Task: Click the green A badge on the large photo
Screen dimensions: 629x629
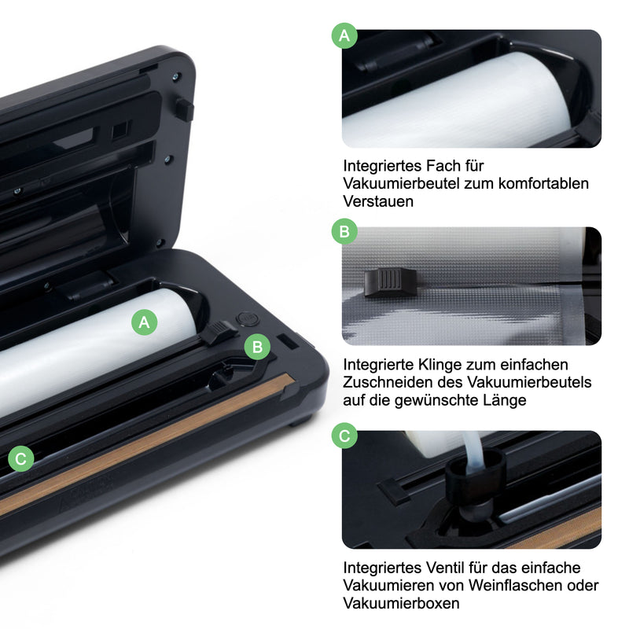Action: click(x=144, y=321)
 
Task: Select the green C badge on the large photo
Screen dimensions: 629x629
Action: click(x=21, y=458)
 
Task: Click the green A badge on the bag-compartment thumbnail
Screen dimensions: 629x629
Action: click(x=344, y=35)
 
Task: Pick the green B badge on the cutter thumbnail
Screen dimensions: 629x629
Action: click(x=344, y=232)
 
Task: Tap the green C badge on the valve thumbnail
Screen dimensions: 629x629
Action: click(x=344, y=435)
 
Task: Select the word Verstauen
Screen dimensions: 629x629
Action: click(x=378, y=201)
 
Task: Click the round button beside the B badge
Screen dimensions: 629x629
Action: click(x=244, y=318)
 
